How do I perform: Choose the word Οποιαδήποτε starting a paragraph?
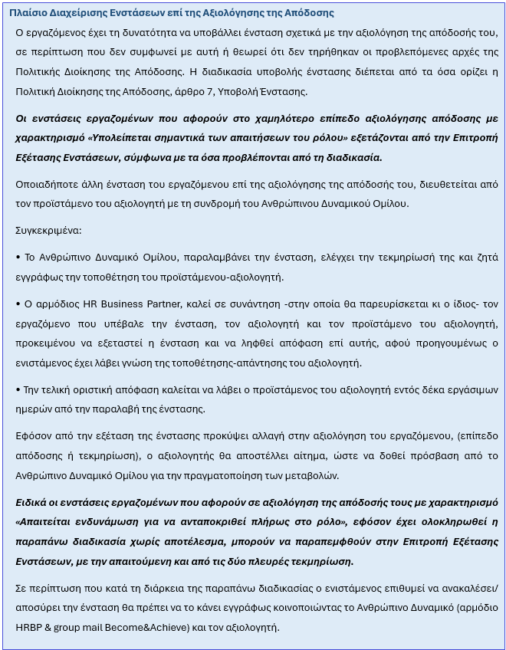(48, 184)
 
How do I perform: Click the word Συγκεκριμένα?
(48, 230)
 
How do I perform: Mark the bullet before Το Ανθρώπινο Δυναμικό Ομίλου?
(18, 258)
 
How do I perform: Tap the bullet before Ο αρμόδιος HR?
(18, 304)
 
